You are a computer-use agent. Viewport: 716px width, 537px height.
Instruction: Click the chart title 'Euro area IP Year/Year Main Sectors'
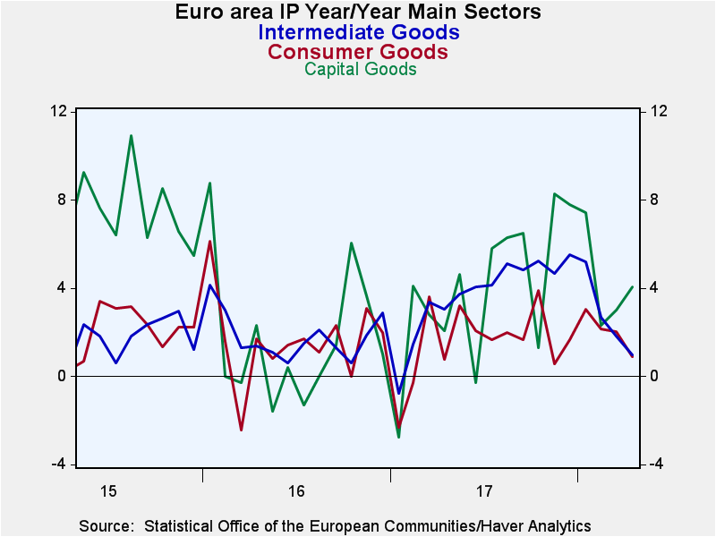358,12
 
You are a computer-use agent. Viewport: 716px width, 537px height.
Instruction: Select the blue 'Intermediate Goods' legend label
359,32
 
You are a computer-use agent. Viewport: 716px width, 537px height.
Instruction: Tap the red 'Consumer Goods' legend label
357,52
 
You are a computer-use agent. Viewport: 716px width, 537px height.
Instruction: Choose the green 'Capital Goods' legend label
361,69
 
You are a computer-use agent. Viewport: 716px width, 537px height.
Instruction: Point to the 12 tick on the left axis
57,111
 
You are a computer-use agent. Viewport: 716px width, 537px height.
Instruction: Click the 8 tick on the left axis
61,200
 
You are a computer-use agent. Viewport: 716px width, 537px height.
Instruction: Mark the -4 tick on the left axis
57,465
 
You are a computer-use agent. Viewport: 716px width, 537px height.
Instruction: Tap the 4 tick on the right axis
654,287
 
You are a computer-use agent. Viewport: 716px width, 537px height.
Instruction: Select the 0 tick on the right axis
654,376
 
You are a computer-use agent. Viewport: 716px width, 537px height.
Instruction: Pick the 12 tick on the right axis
658,111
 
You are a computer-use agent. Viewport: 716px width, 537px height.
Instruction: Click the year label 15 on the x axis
108,491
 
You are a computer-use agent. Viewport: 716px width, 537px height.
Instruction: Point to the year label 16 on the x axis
296,491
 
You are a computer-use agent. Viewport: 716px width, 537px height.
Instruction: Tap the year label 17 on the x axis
484,491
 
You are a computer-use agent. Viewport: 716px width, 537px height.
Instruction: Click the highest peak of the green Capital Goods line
131,136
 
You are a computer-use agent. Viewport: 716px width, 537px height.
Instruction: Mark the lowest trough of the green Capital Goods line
398,438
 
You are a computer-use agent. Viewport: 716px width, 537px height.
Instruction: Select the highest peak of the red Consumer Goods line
209,241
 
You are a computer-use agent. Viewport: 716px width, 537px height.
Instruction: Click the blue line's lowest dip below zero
398,393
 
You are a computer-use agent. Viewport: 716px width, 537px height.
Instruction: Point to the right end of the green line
633,286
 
